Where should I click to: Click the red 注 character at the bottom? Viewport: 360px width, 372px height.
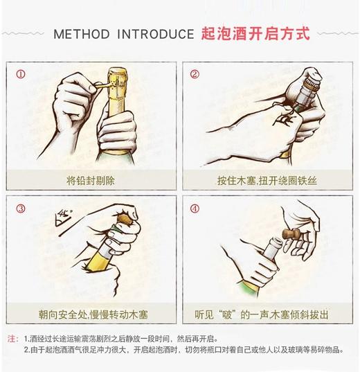tap(12, 339)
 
